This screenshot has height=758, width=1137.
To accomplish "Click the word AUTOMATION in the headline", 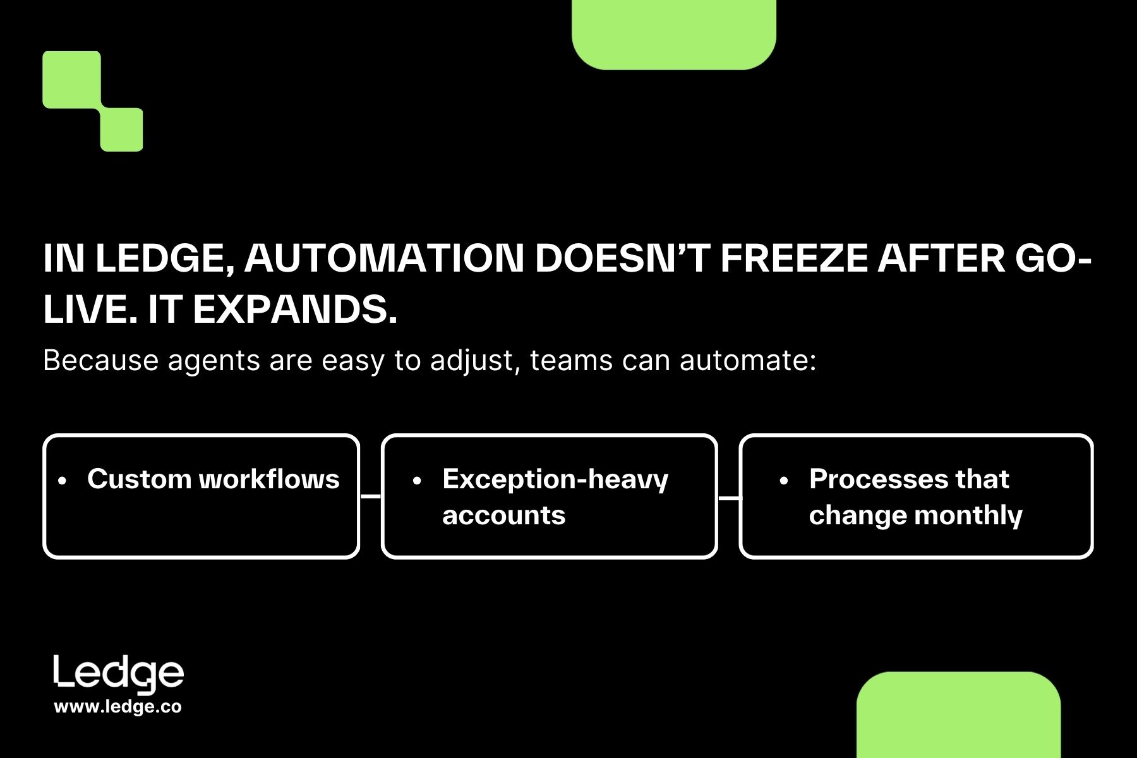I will click(x=384, y=258).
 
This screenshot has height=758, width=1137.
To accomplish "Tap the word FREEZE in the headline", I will click(x=793, y=258).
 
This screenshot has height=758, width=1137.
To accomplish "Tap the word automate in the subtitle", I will click(x=747, y=361).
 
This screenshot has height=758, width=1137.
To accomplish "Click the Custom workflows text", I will click(x=214, y=479).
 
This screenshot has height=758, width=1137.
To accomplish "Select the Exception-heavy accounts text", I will click(x=555, y=497).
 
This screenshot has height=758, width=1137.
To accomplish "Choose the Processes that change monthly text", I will click(x=915, y=497).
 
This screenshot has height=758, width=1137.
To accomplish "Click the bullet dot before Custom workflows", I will click(x=62, y=481).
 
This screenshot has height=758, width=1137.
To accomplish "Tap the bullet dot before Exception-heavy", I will click(x=417, y=481).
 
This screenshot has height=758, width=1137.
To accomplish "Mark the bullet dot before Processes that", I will click(x=784, y=481).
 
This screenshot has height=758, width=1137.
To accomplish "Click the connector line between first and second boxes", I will click(x=371, y=496).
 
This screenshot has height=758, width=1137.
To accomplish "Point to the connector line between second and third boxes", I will click(x=729, y=498).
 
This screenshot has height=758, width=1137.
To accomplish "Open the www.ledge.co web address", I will click(x=118, y=707).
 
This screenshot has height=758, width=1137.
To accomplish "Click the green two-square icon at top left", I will click(x=92, y=101).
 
